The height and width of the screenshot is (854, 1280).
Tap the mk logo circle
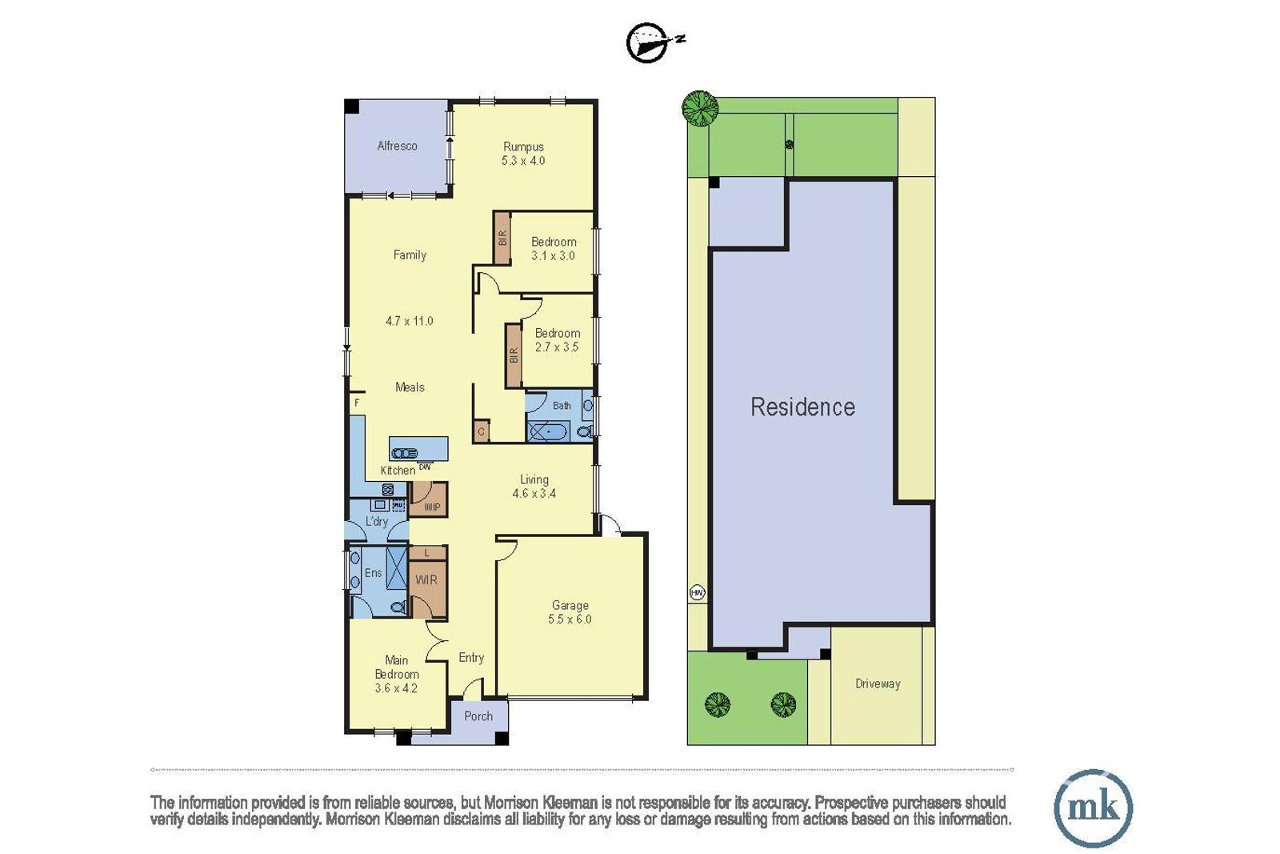pos(1093,808)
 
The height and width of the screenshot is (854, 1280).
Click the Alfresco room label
pos(397,146)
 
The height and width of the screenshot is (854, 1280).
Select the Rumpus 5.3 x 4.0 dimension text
pos(523,161)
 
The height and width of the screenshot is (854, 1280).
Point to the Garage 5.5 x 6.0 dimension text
pos(570,619)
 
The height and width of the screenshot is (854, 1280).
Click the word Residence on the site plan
pos(803,407)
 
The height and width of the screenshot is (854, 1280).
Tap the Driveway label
pos(878,684)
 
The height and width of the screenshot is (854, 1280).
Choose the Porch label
pos(478,716)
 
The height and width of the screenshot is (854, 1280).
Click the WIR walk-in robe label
pos(426,580)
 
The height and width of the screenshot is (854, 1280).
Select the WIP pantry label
pos(432,507)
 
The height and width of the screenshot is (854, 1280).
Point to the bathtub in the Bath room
pos(547,431)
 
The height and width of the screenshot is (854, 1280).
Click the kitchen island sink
pos(405,453)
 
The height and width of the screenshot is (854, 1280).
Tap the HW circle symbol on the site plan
pos(697,593)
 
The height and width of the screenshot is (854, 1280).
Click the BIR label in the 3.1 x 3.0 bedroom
pos(502,238)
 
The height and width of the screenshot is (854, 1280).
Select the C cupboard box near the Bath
pos(481,431)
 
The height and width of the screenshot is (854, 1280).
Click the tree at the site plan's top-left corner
pos(699,109)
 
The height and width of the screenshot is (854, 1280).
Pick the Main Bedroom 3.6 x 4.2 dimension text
pos(396,688)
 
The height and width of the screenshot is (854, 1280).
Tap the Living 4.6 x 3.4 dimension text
pos(534,493)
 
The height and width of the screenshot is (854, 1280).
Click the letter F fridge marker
pos(357,403)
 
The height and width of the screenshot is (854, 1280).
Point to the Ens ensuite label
pos(373,573)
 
